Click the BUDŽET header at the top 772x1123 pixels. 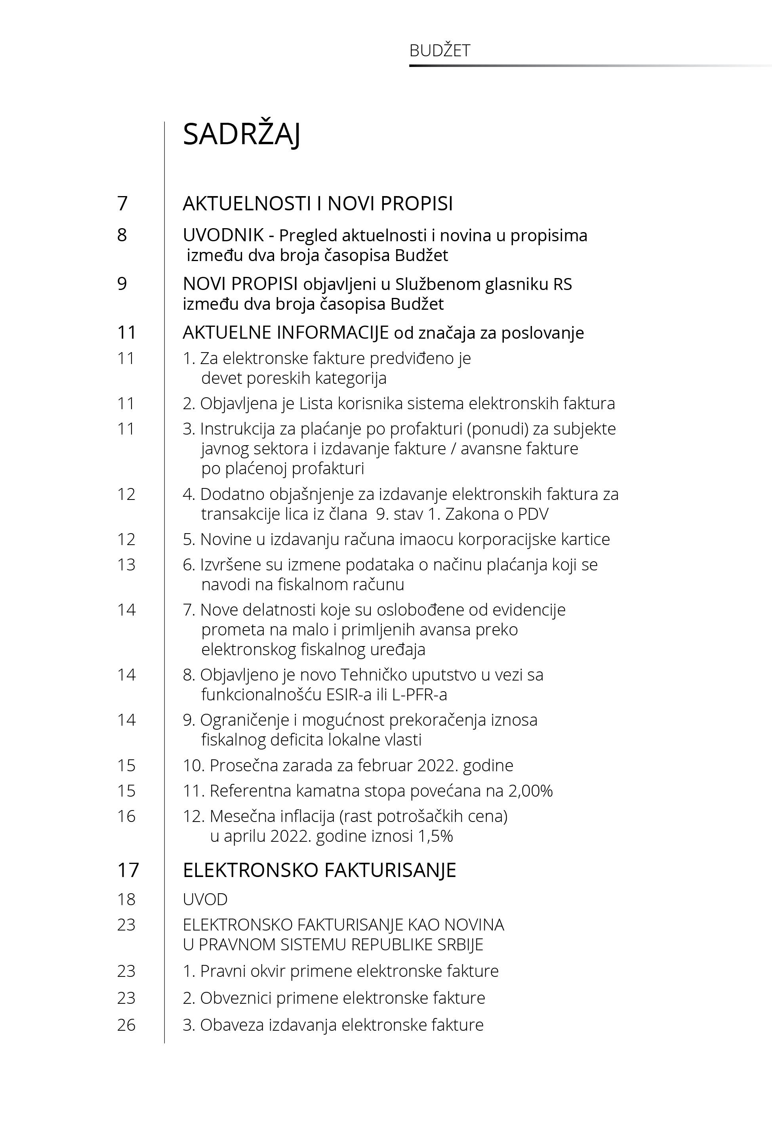(x=439, y=51)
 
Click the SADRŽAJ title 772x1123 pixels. (x=241, y=134)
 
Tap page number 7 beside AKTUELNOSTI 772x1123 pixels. (x=122, y=203)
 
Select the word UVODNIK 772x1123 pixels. (x=223, y=236)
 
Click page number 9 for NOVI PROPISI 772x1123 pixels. (x=122, y=283)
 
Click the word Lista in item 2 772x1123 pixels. (x=316, y=403)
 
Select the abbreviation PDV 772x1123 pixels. (x=533, y=514)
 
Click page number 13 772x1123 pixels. (x=126, y=564)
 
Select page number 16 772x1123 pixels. (x=126, y=816)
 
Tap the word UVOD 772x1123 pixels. (x=205, y=900)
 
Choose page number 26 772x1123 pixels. (x=126, y=1025)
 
